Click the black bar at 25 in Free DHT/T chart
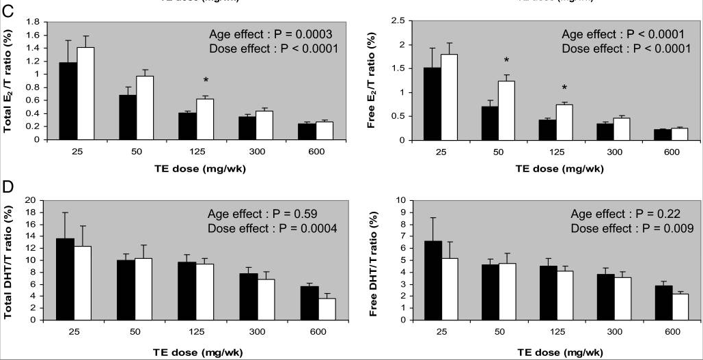pos(409,280)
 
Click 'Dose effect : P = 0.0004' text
pos(273,227)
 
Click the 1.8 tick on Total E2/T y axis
pos(31,22)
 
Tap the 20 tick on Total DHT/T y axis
pos(30,200)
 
